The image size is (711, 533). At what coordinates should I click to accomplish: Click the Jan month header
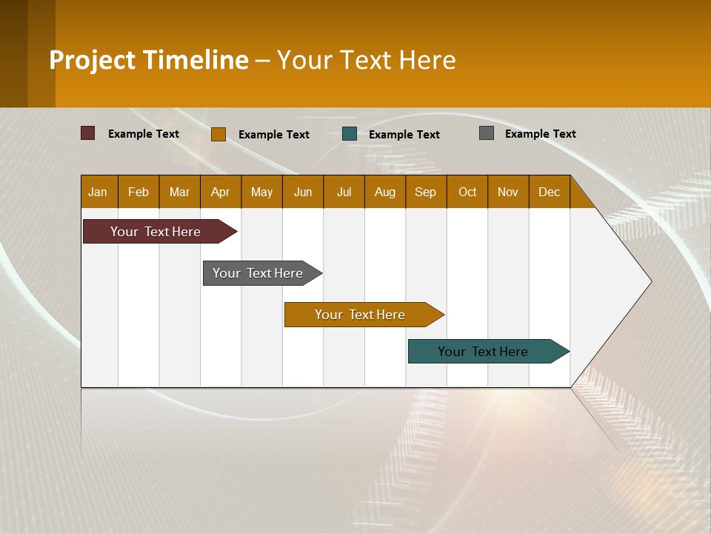pos(99,192)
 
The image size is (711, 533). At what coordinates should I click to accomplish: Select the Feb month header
pos(138,192)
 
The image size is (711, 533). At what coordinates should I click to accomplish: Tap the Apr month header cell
pos(221,192)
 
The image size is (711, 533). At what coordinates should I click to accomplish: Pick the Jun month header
pos(303,192)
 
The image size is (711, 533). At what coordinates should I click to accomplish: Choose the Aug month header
pos(385,192)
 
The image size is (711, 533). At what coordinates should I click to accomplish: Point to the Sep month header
pos(426,192)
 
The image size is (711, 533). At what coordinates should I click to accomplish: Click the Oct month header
pos(467,192)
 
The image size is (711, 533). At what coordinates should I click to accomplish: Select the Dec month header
pos(550,192)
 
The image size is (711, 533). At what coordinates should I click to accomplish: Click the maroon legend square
pos(88,133)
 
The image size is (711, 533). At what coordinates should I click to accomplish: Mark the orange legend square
pos(218,134)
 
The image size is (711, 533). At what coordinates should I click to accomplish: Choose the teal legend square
pos(350,134)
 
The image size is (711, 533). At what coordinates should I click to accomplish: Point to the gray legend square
pos(487,133)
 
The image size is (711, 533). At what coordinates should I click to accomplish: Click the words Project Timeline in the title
pos(149,60)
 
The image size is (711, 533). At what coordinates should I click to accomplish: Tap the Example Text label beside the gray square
pos(541,134)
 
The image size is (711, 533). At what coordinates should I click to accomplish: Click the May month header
pos(261,192)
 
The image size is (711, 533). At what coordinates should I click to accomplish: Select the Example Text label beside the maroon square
pos(144,134)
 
